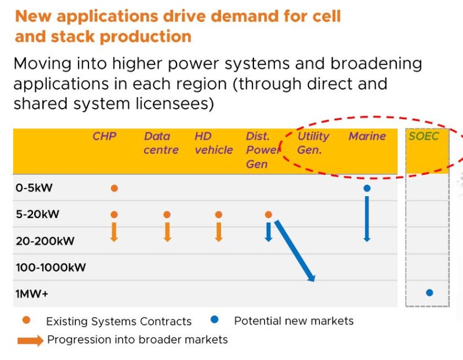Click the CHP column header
pyautogui.click(x=104, y=137)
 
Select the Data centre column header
pyautogui.click(x=157, y=143)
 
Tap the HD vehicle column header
pyautogui.click(x=213, y=143)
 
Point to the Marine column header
pyautogui.click(x=367, y=137)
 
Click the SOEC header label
pyautogui.click(x=424, y=137)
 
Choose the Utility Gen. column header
pyautogui.click(x=313, y=143)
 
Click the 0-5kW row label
pyautogui.click(x=32, y=188)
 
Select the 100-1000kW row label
pyautogui.click(x=51, y=267)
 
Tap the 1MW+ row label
pyautogui.click(x=32, y=294)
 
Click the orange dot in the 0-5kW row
pyautogui.click(x=114, y=188)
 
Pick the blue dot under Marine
pyautogui.click(x=366, y=188)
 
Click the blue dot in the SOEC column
pyautogui.click(x=429, y=293)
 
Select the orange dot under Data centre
pyautogui.click(x=167, y=215)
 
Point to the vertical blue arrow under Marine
pyautogui.click(x=366, y=217)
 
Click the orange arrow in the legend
pyautogui.click(x=30, y=340)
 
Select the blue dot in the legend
pyautogui.click(x=214, y=319)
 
